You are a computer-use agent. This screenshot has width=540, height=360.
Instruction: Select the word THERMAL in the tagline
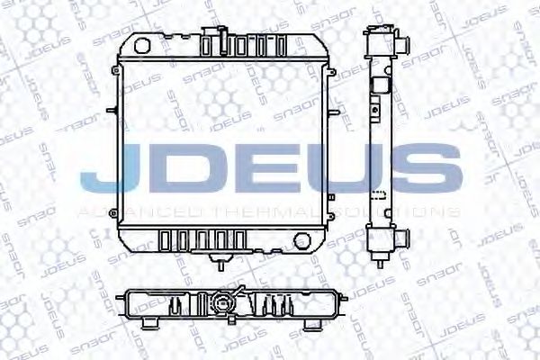coord(269,212)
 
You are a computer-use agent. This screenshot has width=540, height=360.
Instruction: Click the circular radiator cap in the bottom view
coord(220,303)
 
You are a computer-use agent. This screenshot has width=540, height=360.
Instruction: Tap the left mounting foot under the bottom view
coord(149,321)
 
